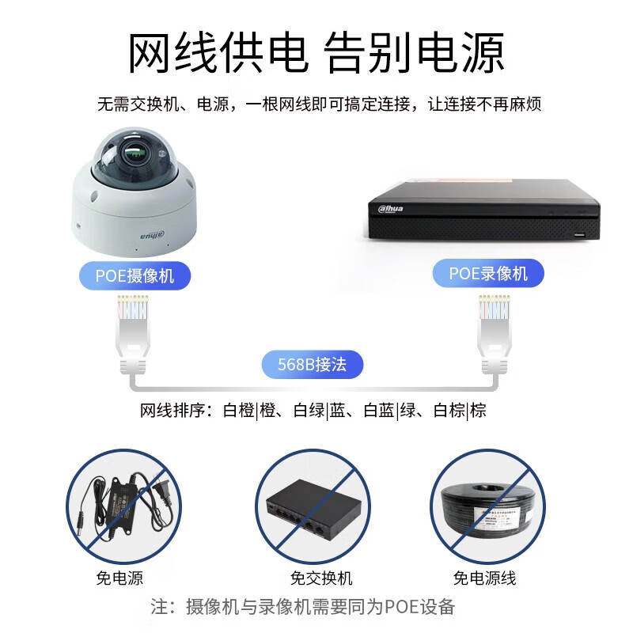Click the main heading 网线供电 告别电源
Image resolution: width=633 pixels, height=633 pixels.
[316, 53]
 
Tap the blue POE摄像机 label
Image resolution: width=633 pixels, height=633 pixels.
[135, 275]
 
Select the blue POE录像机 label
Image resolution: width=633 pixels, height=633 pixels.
[488, 273]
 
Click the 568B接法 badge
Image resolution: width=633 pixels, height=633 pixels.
[313, 364]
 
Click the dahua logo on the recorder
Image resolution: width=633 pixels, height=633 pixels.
[390, 208]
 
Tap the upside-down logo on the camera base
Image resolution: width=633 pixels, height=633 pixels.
[153, 235]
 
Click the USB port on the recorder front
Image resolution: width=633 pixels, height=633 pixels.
[580, 234]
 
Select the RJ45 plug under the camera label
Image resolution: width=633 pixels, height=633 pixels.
[133, 335]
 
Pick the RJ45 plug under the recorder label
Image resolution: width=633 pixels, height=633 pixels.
[494, 333]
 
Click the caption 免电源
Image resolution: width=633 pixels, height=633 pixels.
[119, 578]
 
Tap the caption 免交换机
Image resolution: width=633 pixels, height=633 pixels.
[321, 578]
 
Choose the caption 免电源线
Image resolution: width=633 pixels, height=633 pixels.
[484, 578]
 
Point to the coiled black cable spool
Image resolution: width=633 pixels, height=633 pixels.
[487, 510]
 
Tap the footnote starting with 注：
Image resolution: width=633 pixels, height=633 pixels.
[303, 607]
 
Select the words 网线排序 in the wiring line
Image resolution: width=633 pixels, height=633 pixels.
[172, 411]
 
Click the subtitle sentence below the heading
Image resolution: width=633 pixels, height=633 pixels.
[319, 104]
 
